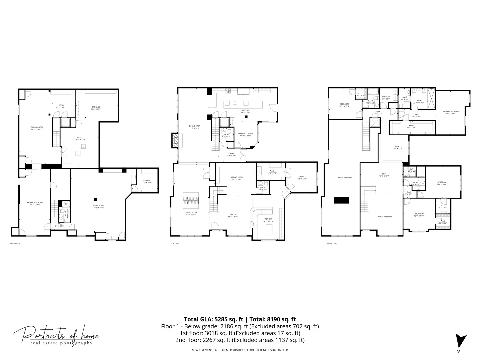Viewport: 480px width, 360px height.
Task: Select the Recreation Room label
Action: (35, 203)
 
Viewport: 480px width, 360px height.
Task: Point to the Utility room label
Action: (80, 138)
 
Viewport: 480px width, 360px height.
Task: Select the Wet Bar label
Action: (268, 220)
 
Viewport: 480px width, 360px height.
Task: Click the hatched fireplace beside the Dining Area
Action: (175, 140)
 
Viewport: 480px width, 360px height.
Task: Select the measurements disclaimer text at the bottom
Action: (240, 350)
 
